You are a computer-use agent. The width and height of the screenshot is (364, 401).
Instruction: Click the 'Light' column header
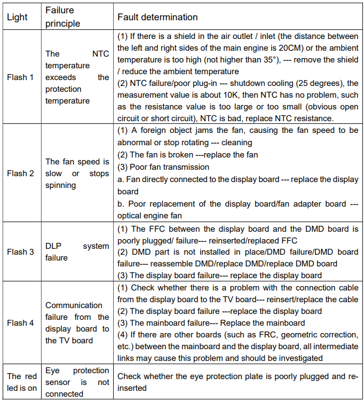point(17,17)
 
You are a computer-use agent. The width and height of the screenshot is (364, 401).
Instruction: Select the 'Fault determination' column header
point(157,17)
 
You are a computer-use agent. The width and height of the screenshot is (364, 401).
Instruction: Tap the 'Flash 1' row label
point(20,77)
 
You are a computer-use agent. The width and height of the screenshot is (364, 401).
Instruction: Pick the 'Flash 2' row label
point(20,173)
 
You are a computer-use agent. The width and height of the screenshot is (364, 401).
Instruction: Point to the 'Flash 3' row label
point(20,252)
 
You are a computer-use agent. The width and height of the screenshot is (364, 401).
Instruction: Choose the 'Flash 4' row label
point(20,323)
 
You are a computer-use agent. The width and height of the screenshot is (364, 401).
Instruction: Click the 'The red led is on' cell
point(22,382)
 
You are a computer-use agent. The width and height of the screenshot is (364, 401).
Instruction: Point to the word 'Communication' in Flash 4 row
point(74,305)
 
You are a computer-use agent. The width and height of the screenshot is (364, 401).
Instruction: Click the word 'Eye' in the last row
point(52,371)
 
